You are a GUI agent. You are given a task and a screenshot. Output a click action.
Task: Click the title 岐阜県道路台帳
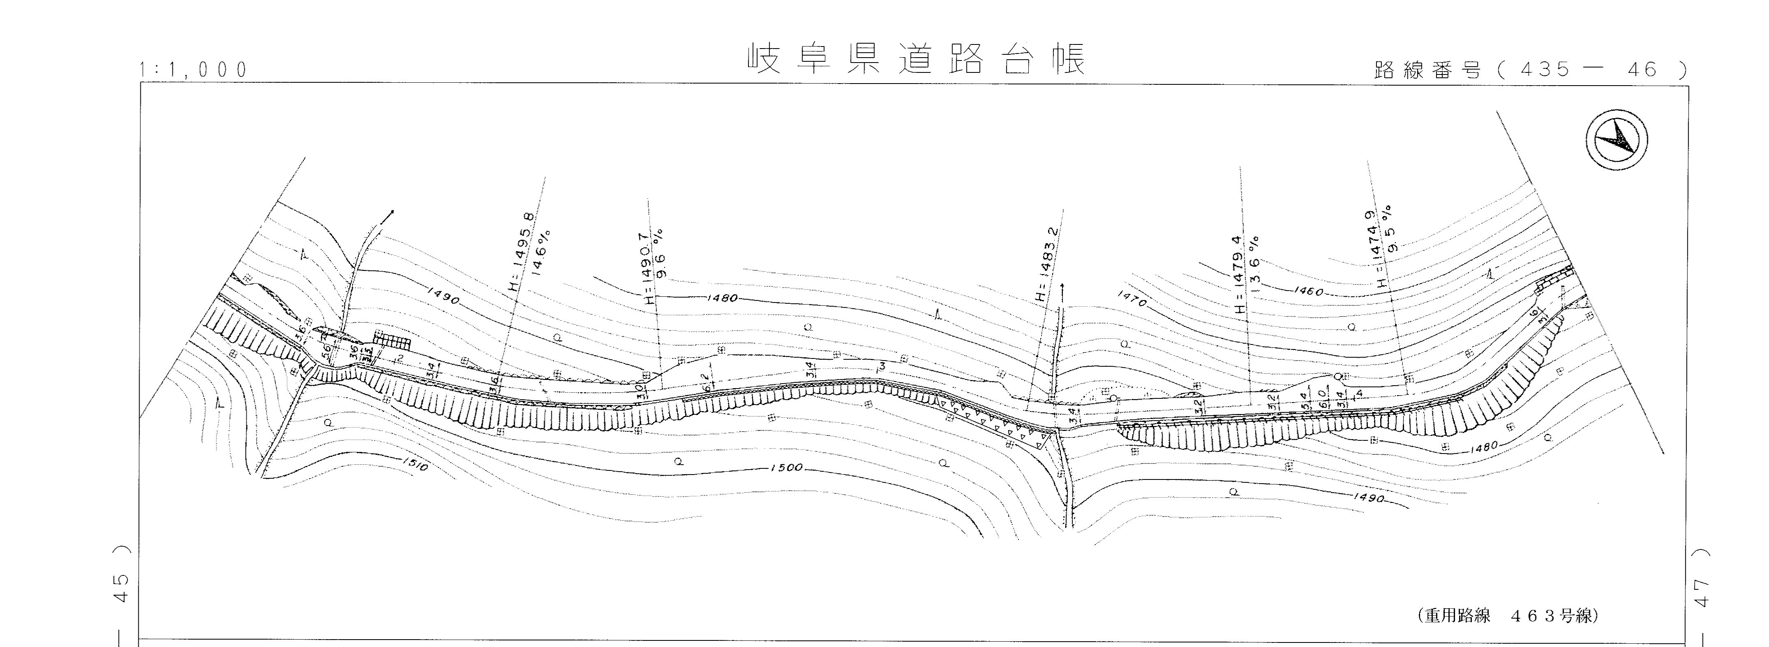(x=917, y=60)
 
